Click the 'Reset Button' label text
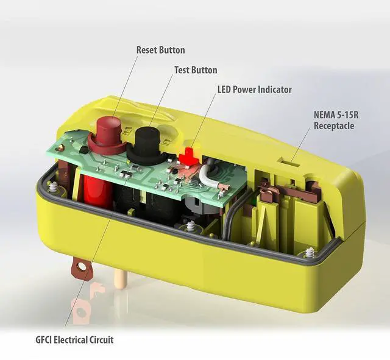pos(160,50)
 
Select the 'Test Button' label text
pos(196,70)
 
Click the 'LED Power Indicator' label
pos(254,90)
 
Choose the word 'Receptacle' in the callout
pos(334,126)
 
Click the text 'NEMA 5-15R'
pos(334,115)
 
